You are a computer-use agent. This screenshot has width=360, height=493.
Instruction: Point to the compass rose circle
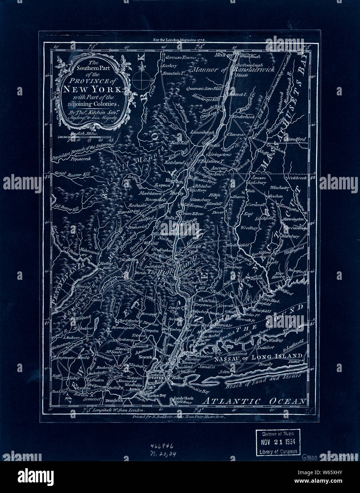coord(141,80)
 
